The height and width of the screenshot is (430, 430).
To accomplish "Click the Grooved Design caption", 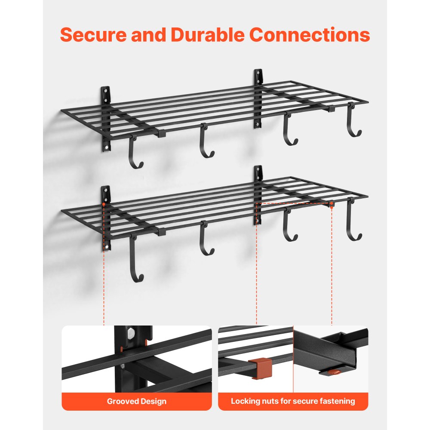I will click(136, 401).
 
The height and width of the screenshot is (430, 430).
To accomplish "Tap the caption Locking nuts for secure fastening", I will click(293, 401).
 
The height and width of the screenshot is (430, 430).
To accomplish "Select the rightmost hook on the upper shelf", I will click(353, 125).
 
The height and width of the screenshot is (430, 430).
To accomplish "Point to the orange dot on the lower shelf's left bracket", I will click(104, 205).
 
